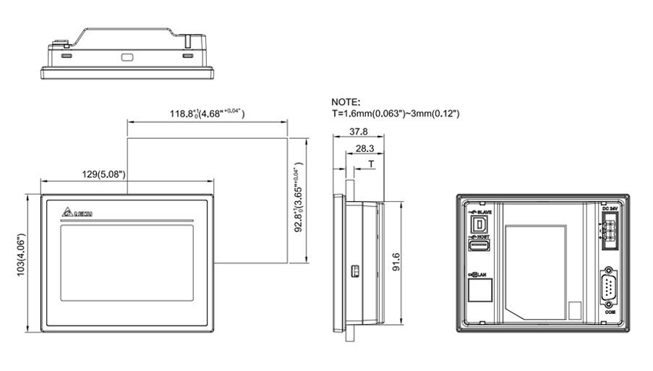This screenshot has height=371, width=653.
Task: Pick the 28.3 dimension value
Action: click(366, 148)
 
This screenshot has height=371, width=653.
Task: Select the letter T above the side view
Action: click(371, 164)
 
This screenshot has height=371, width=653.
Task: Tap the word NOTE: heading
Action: click(346, 102)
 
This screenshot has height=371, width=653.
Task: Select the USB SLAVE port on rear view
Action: click(478, 226)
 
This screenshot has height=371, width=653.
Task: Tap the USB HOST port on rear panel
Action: click(478, 247)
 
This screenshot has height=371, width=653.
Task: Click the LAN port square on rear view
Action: click(478, 291)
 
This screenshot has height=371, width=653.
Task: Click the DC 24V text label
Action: click(608, 208)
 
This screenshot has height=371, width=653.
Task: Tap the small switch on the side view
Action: click(354, 270)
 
